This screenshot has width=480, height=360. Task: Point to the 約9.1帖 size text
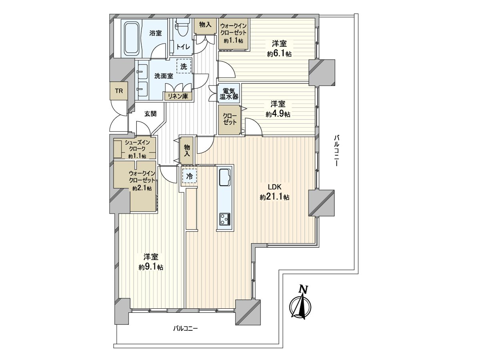[151, 267]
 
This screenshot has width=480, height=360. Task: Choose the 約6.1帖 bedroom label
[279, 54]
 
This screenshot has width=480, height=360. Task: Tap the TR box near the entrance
[119, 91]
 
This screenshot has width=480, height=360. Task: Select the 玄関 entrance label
[150, 114]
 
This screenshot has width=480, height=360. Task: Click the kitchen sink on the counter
[225, 176]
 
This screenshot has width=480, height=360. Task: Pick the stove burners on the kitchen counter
[225, 218]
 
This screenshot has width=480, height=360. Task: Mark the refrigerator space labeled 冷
[190, 176]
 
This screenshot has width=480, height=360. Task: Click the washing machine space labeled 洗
[184, 66]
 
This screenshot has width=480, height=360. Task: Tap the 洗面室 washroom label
[164, 76]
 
